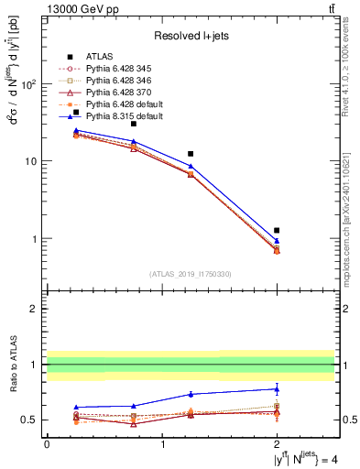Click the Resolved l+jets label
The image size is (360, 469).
(190, 36)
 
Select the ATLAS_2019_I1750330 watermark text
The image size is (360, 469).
(190, 273)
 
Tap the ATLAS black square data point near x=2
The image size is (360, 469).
(277, 231)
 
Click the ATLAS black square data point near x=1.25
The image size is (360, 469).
(191, 154)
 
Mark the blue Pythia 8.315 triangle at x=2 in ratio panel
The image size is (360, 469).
(277, 389)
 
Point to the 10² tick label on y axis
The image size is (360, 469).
(27, 84)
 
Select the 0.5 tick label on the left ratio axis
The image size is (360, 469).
(29, 420)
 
